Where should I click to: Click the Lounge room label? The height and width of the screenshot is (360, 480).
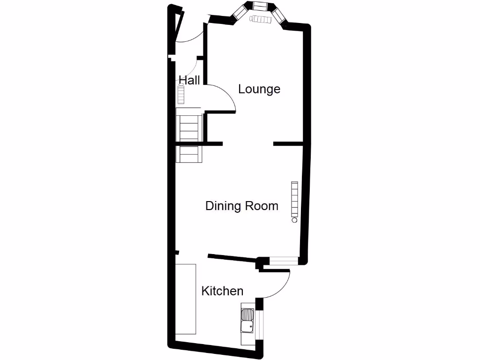[x=259, y=89]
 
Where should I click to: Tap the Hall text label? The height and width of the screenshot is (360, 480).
[x=189, y=80]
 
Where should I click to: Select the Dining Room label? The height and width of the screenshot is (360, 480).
[x=241, y=206]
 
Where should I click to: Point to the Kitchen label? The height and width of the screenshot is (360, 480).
[x=222, y=291]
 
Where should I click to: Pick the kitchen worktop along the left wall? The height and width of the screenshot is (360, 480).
[x=186, y=299]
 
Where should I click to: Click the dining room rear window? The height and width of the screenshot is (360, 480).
[x=283, y=261]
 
